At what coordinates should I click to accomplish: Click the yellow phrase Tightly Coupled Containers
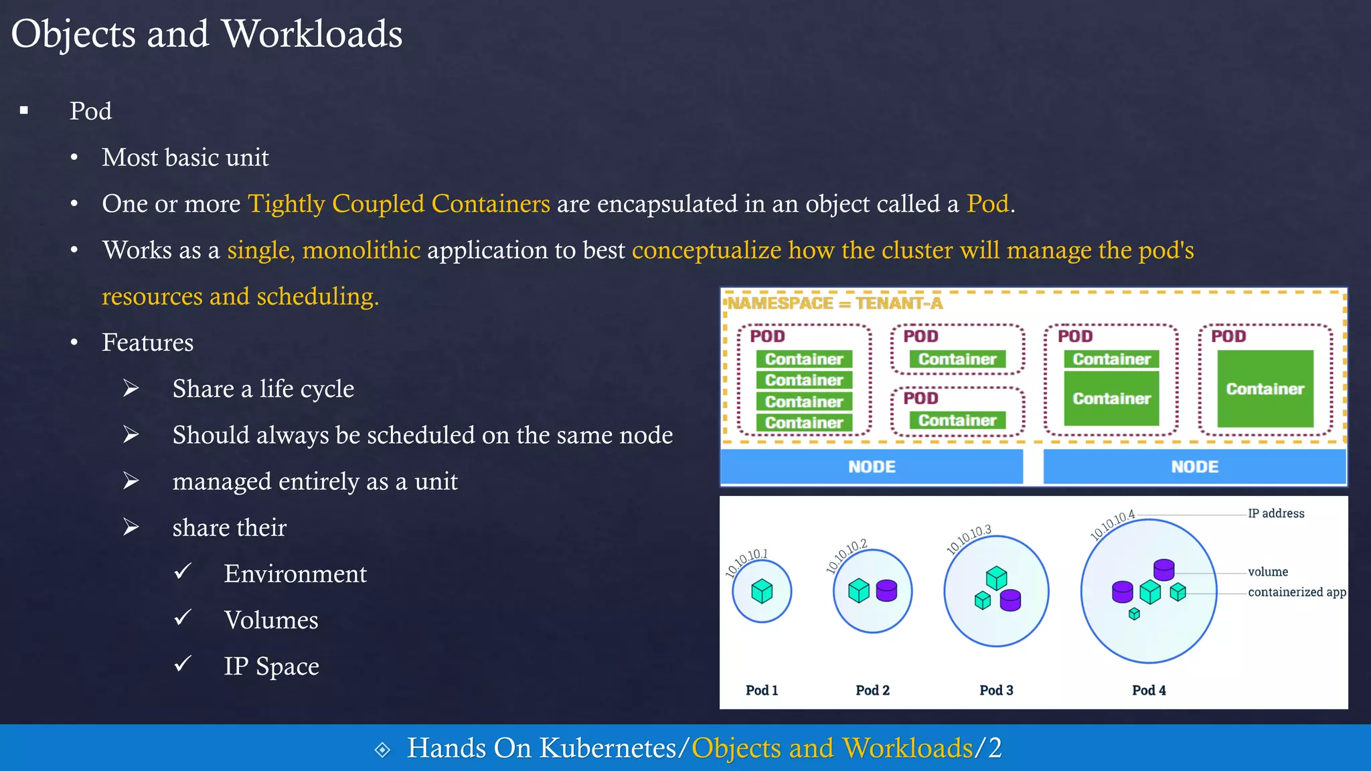click(399, 203)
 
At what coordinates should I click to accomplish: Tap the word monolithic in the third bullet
click(361, 250)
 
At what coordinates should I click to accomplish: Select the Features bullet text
click(147, 342)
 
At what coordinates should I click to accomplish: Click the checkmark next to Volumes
click(183, 617)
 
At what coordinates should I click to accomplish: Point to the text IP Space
click(271, 666)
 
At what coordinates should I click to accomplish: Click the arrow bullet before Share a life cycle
click(131, 388)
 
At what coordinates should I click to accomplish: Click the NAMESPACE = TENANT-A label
click(835, 303)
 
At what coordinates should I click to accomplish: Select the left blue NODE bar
click(872, 466)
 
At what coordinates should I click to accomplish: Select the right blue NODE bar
click(1194, 466)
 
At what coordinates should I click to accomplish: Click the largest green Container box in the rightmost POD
click(1265, 389)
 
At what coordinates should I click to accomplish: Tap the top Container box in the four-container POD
click(804, 359)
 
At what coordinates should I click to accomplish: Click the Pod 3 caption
click(996, 690)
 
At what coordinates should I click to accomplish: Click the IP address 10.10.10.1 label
click(746, 564)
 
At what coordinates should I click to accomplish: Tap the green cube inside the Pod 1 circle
click(762, 591)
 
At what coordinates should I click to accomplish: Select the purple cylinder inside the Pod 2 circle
click(886, 590)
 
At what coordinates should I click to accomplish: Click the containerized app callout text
click(1297, 592)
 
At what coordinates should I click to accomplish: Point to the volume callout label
click(1268, 572)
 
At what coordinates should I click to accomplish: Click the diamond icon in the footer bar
click(382, 750)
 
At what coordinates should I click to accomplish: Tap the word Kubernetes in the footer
click(608, 748)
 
